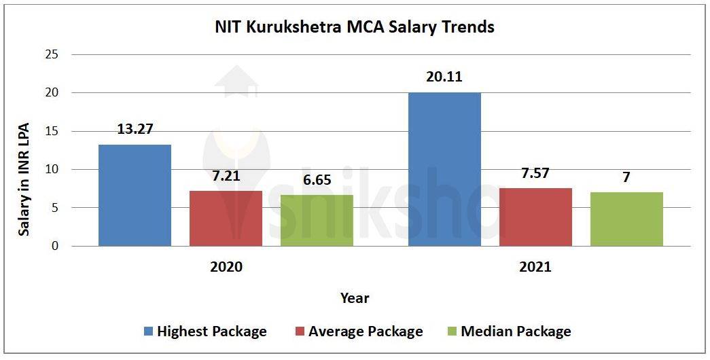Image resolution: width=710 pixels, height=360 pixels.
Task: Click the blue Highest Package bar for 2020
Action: coord(135,196)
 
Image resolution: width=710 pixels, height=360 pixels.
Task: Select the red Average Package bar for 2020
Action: coord(226,218)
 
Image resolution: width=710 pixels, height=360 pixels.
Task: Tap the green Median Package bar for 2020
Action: coord(317,220)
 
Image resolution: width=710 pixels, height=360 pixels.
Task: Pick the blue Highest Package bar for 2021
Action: coord(444,169)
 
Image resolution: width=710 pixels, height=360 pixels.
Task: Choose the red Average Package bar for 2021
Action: coord(535,217)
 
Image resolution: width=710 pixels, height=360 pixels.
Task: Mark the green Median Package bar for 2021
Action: coord(626,219)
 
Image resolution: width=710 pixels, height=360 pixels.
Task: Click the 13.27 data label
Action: coord(135,129)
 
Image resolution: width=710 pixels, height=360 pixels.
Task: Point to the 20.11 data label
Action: coord(444,77)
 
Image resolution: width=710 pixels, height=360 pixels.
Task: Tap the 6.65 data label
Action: coord(317,179)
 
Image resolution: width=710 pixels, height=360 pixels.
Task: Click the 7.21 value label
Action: coord(226,175)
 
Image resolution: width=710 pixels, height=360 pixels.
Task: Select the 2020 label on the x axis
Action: coord(226,267)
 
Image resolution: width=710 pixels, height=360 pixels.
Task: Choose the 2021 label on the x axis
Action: coord(535,267)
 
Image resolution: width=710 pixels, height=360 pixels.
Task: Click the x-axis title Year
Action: coord(355,298)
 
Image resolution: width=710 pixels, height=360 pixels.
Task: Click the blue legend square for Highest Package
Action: coord(148,331)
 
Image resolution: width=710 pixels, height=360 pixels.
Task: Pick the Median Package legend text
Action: coord(516,331)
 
